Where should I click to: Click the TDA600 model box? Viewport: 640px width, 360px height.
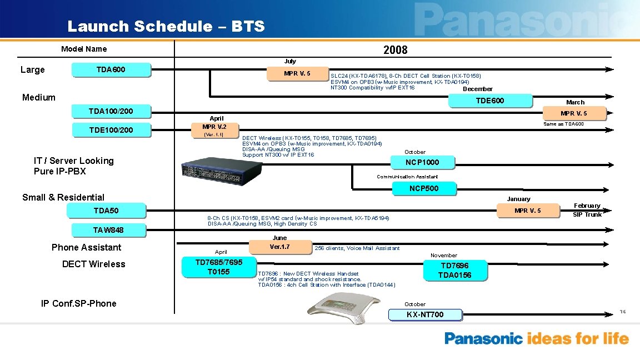(x=111, y=70)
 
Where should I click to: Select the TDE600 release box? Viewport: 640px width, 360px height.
(x=490, y=101)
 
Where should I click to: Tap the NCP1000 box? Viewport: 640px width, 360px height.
(x=422, y=162)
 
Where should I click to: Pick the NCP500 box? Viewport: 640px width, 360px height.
(x=424, y=188)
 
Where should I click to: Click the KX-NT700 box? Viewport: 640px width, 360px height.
(x=425, y=315)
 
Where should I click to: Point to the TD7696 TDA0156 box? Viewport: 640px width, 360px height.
(x=454, y=271)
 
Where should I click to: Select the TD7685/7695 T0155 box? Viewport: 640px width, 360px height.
(x=218, y=267)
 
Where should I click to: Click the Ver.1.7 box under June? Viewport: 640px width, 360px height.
(x=279, y=247)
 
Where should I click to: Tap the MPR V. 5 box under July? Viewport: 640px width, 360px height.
(x=297, y=74)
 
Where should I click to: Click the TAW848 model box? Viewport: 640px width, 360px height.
(x=108, y=229)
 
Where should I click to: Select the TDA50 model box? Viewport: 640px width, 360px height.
(x=106, y=211)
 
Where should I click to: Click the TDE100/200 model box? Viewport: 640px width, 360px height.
(x=111, y=130)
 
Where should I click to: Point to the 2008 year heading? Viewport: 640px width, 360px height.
(x=395, y=50)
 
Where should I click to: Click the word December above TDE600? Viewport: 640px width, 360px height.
(x=477, y=89)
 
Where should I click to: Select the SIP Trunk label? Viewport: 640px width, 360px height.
(x=587, y=214)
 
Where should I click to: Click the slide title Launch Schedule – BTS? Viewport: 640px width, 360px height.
(x=166, y=26)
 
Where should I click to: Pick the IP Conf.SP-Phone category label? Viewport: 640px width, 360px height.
(x=79, y=303)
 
